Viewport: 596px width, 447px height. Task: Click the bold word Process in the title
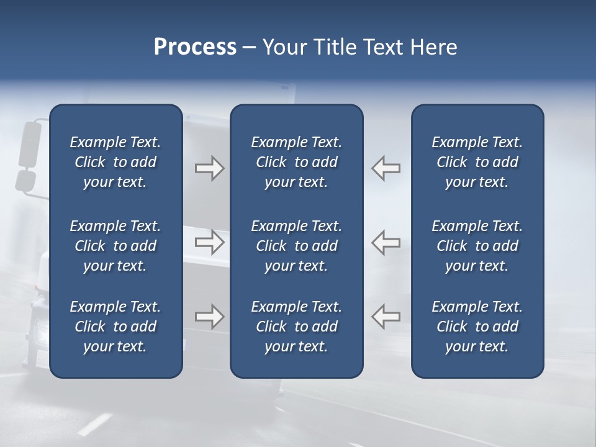[195, 47]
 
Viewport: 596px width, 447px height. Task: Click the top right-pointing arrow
[209, 168]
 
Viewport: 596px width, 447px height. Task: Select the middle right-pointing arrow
[209, 242]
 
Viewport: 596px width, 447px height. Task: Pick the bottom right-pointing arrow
[209, 317]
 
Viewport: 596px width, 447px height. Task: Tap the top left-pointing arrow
[386, 168]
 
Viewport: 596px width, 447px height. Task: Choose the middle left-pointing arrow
[386, 242]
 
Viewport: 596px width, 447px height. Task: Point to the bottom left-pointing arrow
[386, 317]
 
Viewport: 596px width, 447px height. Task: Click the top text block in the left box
[115, 162]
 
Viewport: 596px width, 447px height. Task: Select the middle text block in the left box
[115, 246]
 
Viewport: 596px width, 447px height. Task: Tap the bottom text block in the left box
[115, 327]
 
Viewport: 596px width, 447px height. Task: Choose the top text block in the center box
[297, 162]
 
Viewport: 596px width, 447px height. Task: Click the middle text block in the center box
[297, 246]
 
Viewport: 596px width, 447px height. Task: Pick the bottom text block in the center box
[297, 327]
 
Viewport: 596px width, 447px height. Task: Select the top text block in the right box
[477, 162]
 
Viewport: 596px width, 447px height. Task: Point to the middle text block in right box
[477, 246]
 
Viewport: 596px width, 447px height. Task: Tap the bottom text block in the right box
[477, 327]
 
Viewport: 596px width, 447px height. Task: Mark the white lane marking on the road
[94, 424]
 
